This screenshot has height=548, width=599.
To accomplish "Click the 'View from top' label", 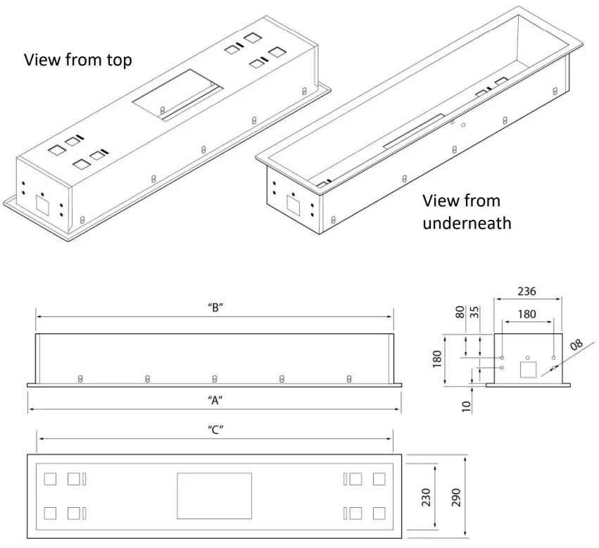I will pos(78,60).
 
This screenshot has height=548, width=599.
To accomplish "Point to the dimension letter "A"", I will pos(216,400).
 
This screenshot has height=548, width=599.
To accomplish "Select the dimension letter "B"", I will pos(216,308).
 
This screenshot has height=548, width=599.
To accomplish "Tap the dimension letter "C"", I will pos(216,429).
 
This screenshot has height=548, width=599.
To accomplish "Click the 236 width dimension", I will pos(527,290).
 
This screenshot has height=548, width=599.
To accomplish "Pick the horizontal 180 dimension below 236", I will pos(527,314).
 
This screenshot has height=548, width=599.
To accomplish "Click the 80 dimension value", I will pos(460,311).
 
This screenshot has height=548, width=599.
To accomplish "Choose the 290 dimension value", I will pos(455,498).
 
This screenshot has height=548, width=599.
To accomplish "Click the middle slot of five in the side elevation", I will pos(215,379).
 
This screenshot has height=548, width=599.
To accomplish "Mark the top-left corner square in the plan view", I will pos(50,480).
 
